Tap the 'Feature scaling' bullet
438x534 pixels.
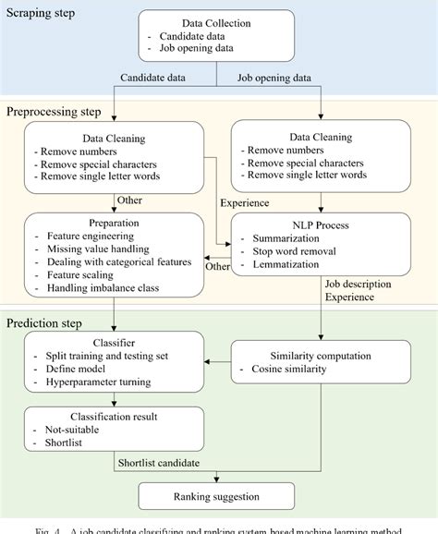pos(83,274)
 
